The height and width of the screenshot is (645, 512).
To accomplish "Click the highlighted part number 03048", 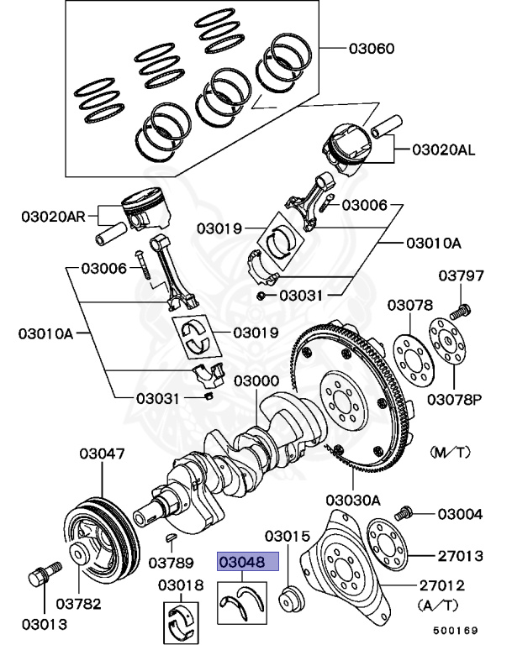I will click(x=242, y=561).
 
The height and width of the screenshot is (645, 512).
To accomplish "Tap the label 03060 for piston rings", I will click(x=371, y=49).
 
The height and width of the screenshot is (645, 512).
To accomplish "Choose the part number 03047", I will click(x=103, y=454).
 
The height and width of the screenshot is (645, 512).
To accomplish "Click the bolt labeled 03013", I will click(x=40, y=579).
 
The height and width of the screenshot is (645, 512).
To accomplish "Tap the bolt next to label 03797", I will click(x=459, y=312).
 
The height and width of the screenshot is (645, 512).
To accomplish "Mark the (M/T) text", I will click(x=451, y=452).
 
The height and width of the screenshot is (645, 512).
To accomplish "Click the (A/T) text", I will click(x=437, y=604).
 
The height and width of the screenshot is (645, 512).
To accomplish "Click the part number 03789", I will click(x=172, y=562).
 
